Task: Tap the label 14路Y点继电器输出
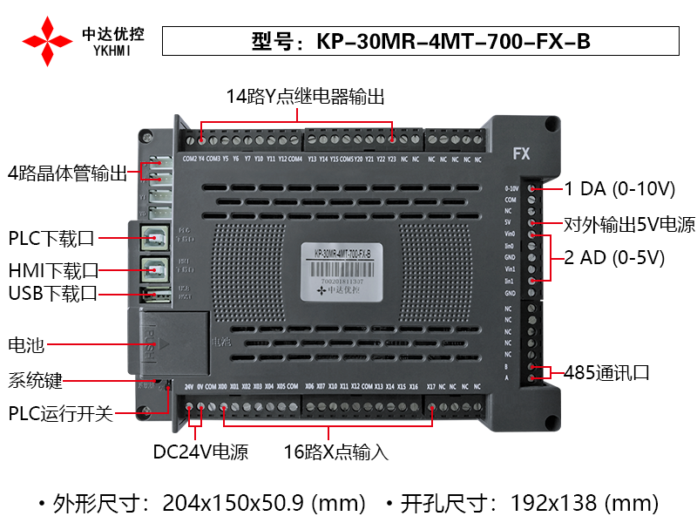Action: (305, 96)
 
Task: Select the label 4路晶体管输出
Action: (68, 173)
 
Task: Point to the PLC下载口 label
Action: (52, 238)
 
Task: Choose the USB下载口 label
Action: (52, 293)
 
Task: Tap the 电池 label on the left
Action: (26, 344)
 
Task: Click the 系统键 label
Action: (36, 381)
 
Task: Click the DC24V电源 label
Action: (200, 452)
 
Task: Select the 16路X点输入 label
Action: (335, 452)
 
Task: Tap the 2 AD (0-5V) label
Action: (615, 257)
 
